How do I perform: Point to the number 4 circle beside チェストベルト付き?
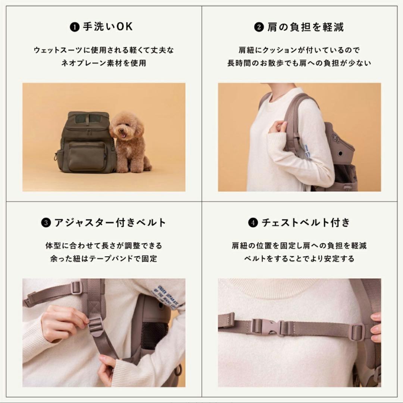[253, 223]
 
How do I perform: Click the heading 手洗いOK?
[107, 27]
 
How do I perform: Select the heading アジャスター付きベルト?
[110, 223]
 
